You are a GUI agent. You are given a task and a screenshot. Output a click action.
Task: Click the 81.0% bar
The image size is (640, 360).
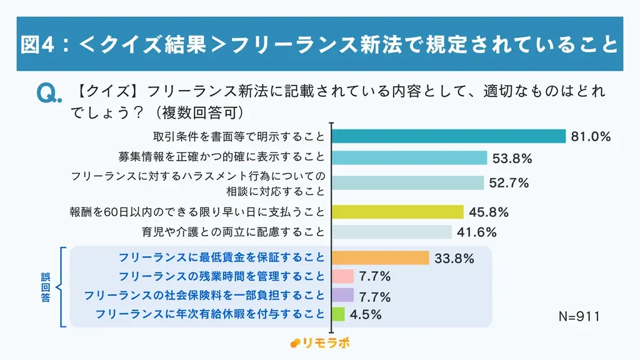pyautogui.click(x=448, y=136)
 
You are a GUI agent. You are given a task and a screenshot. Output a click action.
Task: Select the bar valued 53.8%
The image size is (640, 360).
pyautogui.click(x=409, y=158)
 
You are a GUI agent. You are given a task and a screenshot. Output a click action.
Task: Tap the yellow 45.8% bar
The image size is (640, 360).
pyautogui.click(x=397, y=212)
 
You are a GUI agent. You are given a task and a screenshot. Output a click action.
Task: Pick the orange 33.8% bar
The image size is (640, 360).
pyautogui.click(x=380, y=257)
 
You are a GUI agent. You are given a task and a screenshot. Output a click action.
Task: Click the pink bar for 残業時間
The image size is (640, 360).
pyautogui.click(x=342, y=276)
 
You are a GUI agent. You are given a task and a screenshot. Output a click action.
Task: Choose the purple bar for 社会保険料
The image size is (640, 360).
pyautogui.click(x=342, y=295)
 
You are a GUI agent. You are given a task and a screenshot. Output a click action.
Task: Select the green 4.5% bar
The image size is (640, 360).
pyautogui.click(x=338, y=314)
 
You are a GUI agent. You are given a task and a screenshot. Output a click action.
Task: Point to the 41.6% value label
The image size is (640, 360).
pyautogui.click(x=477, y=232)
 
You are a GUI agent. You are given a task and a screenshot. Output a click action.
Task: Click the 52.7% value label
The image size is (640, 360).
pyautogui.click(x=509, y=183)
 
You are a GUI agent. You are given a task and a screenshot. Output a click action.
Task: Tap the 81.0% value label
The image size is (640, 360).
pyautogui.click(x=590, y=137)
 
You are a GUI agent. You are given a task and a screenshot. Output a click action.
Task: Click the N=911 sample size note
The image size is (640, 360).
pyautogui.click(x=579, y=317)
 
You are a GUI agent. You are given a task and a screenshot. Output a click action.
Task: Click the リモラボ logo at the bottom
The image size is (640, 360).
pyautogui.click(x=320, y=343)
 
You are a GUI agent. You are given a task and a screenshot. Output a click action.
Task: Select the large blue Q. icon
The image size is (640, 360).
pyautogui.click(x=49, y=94)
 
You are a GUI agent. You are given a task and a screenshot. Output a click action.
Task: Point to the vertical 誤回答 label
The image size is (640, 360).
pyautogui.click(x=46, y=287)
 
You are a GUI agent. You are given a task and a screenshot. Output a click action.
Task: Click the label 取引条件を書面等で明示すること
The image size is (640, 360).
pyautogui.click(x=239, y=136)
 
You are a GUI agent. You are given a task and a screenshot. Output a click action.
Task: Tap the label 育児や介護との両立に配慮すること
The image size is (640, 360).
pyautogui.click(x=234, y=232)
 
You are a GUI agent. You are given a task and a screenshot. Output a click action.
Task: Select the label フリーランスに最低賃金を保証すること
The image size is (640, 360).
pyautogui.click(x=221, y=257)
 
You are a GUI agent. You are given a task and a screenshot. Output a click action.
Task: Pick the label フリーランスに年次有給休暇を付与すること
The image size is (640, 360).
pyautogui.click(x=211, y=314)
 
